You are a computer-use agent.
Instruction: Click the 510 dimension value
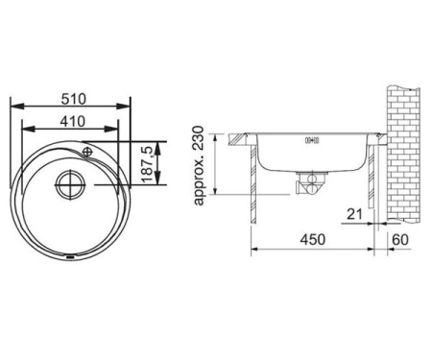(74, 99)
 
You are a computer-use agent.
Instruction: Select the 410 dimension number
(73, 121)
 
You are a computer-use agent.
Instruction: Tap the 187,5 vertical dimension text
(148, 163)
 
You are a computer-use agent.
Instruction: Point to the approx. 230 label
(199, 165)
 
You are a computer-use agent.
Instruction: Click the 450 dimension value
(313, 239)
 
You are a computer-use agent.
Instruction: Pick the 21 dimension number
(354, 214)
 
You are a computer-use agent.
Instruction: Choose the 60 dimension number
(400, 239)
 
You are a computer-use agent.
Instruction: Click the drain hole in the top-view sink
(70, 184)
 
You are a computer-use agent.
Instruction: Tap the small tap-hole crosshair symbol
(87, 152)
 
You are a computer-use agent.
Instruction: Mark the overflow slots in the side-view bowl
(312, 140)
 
